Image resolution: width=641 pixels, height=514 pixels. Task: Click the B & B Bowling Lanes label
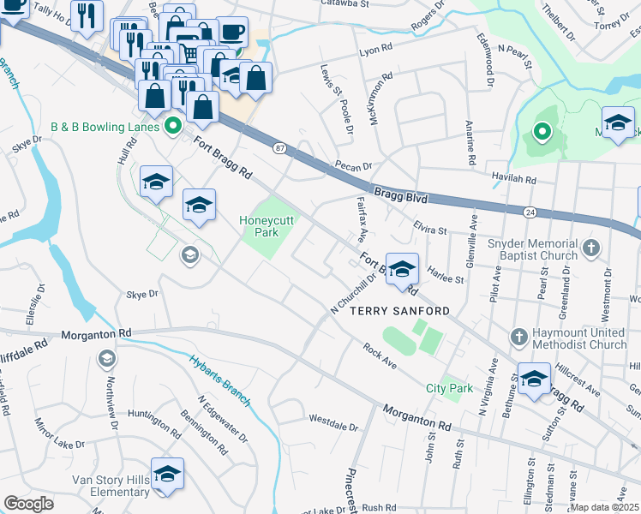click(105, 127)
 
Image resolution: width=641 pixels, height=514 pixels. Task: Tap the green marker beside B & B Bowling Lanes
click(172, 127)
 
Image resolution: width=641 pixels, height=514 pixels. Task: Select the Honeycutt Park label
click(266, 225)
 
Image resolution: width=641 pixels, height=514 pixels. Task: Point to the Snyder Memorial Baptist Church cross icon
click(590, 248)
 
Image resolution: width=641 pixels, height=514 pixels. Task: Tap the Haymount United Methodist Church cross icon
click(518, 338)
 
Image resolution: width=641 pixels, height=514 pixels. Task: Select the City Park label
click(449, 388)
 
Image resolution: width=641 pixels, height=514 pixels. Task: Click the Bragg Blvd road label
click(399, 194)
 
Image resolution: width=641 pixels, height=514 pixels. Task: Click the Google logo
click(29, 504)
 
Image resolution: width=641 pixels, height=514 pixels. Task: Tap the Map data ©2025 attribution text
click(604, 507)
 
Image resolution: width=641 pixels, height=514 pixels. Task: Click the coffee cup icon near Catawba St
click(231, 33)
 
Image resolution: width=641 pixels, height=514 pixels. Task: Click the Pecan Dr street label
click(354, 166)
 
